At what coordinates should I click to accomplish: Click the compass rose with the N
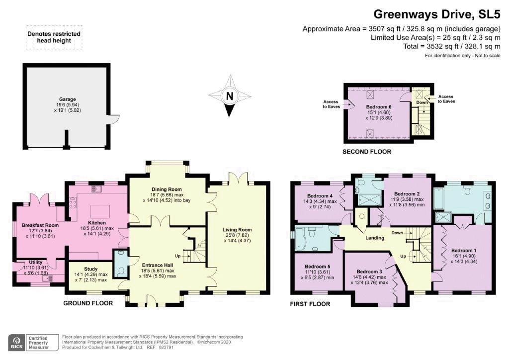(x=229, y=96)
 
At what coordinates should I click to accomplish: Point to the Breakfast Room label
(x=40, y=225)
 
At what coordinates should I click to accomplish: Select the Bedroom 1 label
(x=464, y=251)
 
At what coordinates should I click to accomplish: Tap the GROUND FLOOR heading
(x=88, y=303)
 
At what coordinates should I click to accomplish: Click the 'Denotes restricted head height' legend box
(x=54, y=37)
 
